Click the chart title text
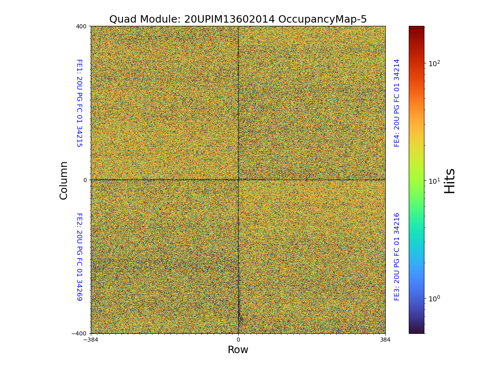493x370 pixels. point(238,19)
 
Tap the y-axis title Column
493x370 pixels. point(64,180)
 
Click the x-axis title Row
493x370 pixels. point(238,350)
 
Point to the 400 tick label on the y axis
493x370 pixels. point(81,26)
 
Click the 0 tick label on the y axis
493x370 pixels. point(85,180)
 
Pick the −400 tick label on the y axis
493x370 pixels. point(79,333)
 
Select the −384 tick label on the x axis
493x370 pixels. point(90,340)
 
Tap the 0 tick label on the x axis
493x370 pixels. point(238,340)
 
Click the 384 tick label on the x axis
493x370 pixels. point(385,340)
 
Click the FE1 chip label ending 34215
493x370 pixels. point(79,103)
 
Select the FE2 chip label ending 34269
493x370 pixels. point(79,257)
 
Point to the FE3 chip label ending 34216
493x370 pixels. point(397,257)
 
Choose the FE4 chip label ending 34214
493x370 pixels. point(397,103)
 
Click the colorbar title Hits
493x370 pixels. point(450,180)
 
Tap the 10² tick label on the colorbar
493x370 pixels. point(435,63)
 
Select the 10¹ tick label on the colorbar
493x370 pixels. point(435,181)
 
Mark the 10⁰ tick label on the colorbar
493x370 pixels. point(435,298)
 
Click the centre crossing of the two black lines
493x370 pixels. point(238,180)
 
